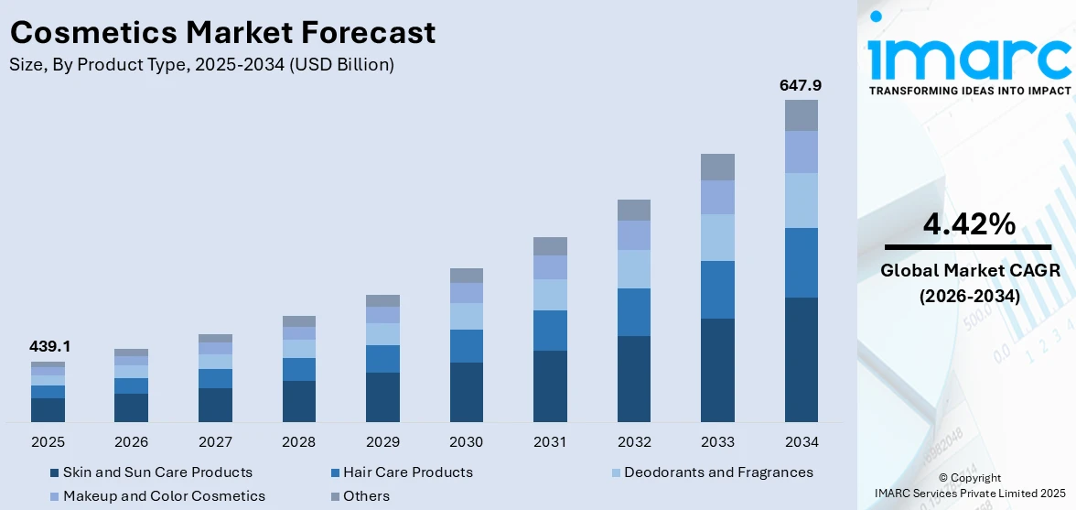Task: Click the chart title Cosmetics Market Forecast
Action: point(222,33)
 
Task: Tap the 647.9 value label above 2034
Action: point(801,85)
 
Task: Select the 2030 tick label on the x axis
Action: point(466,442)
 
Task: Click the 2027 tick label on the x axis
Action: point(215,442)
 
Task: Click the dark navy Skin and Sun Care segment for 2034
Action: point(801,359)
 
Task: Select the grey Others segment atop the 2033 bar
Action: point(717,167)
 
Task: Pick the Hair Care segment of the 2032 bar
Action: point(633,312)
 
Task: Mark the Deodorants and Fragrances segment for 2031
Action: point(550,295)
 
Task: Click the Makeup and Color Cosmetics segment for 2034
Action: point(801,152)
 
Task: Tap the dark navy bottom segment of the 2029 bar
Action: point(382,397)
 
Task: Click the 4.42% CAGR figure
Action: point(968,223)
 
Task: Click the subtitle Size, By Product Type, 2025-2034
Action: point(202,64)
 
